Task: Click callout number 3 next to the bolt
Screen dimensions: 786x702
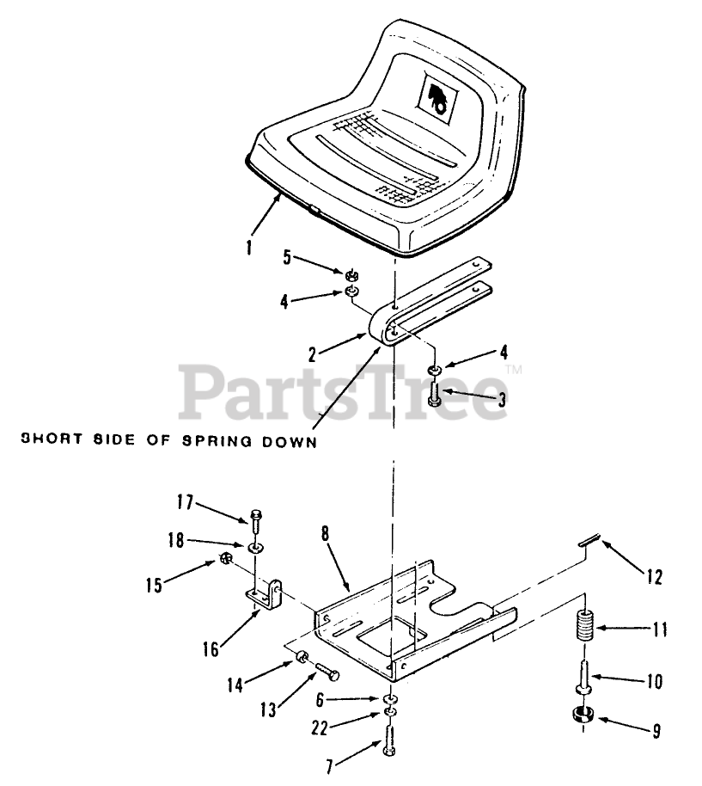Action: point(501,399)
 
